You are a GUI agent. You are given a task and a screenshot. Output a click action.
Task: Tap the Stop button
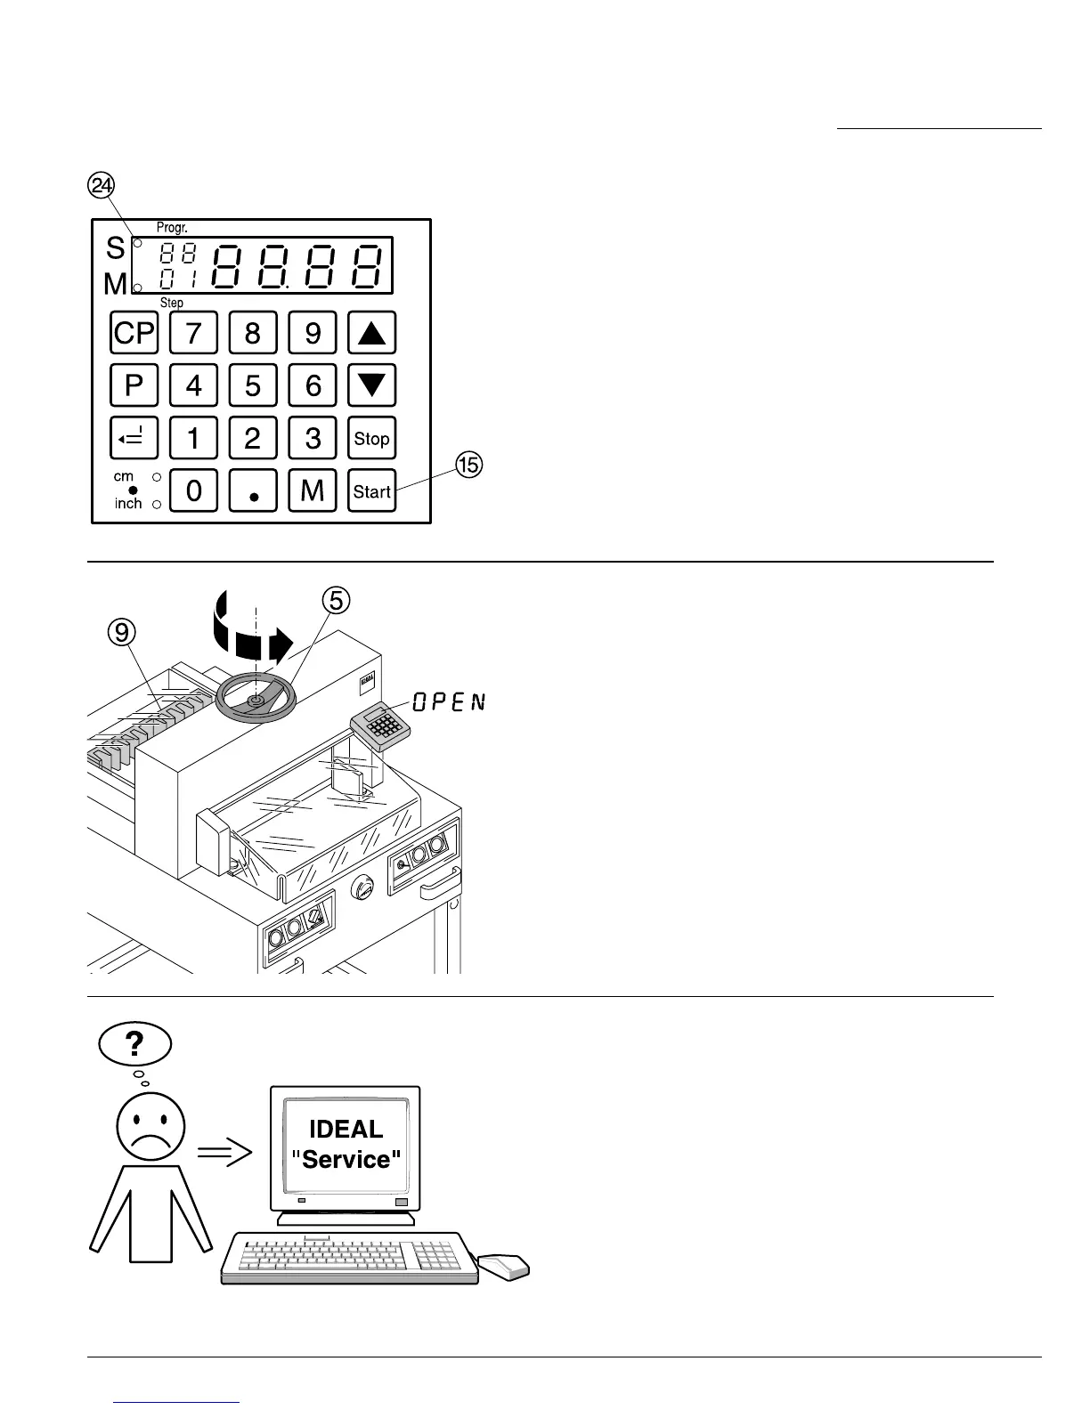(x=371, y=438)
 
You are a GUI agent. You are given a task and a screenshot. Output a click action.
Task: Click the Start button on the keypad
(x=371, y=490)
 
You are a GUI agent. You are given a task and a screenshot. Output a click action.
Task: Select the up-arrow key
(x=371, y=333)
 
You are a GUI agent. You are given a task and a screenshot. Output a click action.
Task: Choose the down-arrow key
(x=371, y=385)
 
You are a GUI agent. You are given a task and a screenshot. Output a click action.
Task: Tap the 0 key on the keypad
(x=193, y=490)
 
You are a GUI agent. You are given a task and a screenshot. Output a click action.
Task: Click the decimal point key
(x=253, y=490)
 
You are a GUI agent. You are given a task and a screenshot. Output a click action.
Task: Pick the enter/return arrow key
(x=134, y=438)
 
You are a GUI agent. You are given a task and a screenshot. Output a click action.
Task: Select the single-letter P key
(x=134, y=385)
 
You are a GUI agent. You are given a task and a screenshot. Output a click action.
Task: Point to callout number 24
(x=102, y=185)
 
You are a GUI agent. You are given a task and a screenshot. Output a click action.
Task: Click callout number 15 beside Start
(x=469, y=464)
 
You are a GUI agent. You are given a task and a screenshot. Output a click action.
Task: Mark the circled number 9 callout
(x=122, y=632)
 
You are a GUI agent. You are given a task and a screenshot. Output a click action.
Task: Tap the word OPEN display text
(x=450, y=701)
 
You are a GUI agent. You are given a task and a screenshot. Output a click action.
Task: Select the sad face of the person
(x=150, y=1127)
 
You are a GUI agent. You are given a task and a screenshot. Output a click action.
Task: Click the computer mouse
(x=502, y=1266)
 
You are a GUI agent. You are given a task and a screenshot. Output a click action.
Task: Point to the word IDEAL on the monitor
(x=346, y=1129)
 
